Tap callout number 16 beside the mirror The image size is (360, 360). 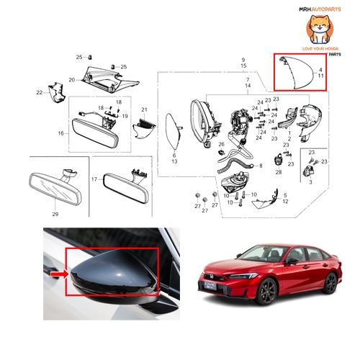point(60,133)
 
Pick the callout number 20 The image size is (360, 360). point(72,79)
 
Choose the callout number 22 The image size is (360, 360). point(39,92)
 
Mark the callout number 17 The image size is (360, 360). point(94,178)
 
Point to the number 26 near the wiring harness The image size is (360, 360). point(222,144)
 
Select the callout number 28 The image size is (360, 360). point(279,173)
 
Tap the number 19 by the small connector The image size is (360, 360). point(125,116)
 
